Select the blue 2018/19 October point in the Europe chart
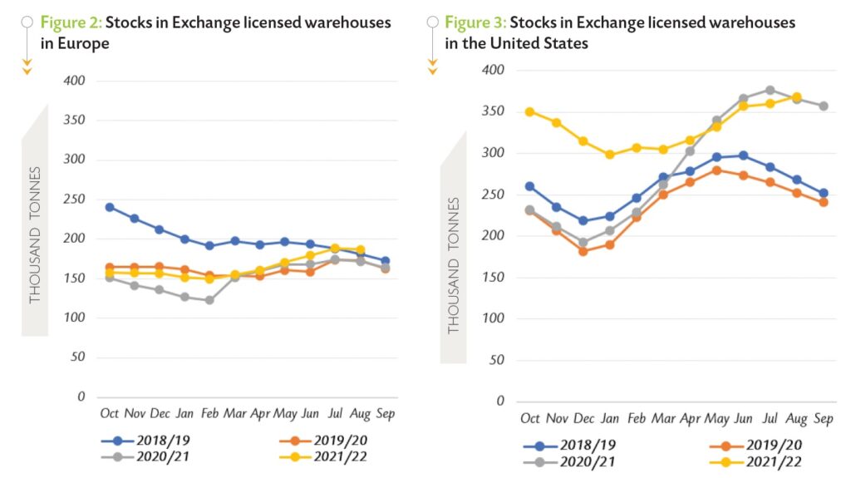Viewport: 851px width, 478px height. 110,207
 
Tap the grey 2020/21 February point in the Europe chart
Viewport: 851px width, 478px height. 209,300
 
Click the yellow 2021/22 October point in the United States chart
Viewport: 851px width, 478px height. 529,111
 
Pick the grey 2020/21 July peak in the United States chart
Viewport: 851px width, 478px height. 770,90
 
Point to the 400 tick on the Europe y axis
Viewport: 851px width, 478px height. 75,81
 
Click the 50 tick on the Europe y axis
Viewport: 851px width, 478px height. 79,357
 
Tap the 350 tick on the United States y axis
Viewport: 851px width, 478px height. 494,111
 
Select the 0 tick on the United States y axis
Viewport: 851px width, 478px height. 500,401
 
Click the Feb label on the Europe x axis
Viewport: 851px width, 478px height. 209,413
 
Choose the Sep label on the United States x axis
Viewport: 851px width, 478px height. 823,418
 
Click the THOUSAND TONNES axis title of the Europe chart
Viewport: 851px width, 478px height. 35,234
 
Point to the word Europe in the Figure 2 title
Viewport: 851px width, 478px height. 88,43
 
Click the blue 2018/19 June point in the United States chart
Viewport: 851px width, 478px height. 743,155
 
